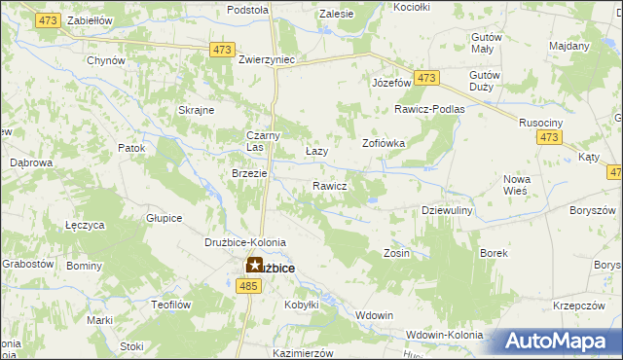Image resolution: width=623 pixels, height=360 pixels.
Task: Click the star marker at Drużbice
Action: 253,265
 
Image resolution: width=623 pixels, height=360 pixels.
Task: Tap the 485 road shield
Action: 247,285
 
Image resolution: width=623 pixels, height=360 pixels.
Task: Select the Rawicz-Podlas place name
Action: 429,109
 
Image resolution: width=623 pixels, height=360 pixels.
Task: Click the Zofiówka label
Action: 384,142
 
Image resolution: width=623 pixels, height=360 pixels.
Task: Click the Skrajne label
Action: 196,110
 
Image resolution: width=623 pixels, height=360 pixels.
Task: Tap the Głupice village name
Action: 164,218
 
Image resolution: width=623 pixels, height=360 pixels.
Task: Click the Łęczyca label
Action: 85,225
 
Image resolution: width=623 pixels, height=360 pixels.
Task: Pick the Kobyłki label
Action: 302,305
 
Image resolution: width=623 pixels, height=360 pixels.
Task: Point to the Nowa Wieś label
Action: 516,185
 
